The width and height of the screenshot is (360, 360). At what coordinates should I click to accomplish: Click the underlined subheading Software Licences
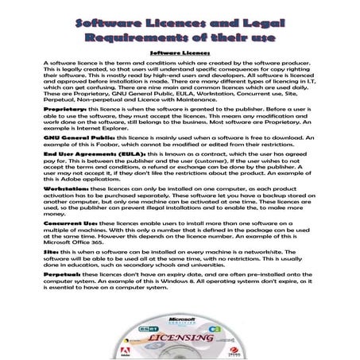pyautogui.click(x=180, y=52)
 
